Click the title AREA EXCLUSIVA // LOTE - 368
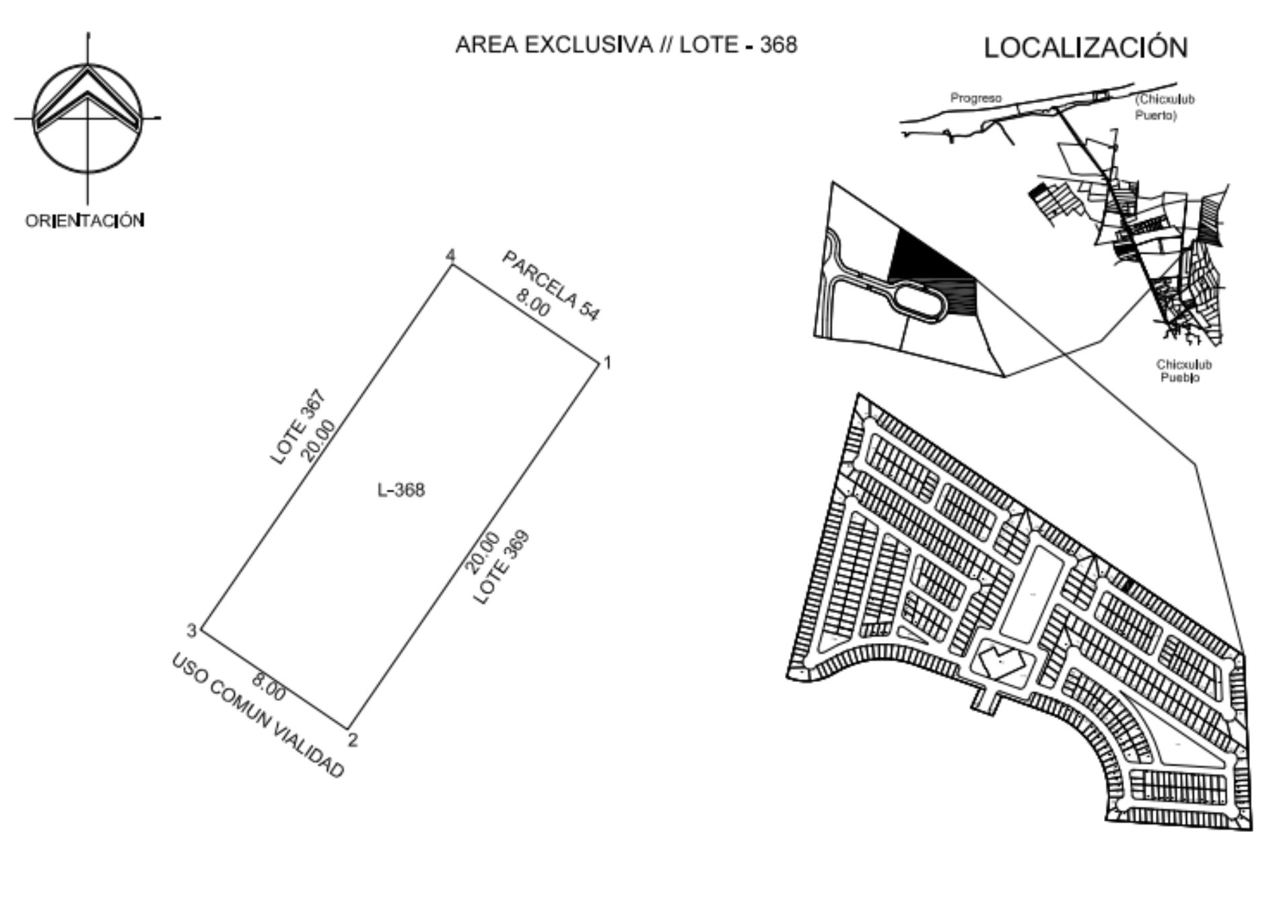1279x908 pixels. coord(626,45)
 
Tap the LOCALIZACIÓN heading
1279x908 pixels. coord(1086,48)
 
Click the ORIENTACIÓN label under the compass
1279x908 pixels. coord(85,221)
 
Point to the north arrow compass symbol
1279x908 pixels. coord(88,118)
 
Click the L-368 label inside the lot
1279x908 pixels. coord(401,490)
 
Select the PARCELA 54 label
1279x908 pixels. coord(551,285)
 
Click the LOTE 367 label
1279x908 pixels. coord(298,428)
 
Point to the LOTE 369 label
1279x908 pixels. coord(502,567)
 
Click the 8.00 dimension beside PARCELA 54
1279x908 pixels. coord(533,302)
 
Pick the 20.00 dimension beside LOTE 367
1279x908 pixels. coord(317,441)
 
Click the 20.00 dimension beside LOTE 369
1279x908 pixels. coord(483,553)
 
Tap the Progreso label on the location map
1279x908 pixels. coord(975,98)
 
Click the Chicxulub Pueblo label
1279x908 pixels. coord(1183,371)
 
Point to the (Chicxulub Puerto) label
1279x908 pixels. coord(1165,107)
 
